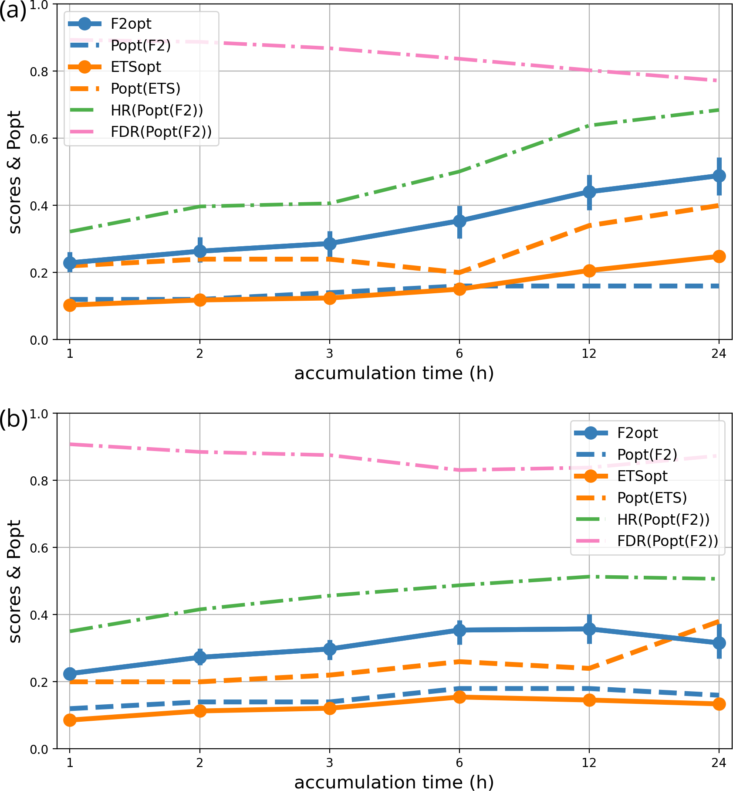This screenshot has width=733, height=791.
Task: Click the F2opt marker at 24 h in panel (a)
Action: click(x=719, y=176)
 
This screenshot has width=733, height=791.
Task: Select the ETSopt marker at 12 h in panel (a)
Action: click(x=589, y=271)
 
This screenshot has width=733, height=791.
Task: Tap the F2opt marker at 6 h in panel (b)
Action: click(x=459, y=630)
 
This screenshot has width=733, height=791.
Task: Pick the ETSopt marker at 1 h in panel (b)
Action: click(x=70, y=720)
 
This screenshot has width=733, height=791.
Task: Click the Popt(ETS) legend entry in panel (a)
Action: click(x=145, y=88)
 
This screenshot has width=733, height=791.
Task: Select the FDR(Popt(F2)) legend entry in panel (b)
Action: click(x=667, y=541)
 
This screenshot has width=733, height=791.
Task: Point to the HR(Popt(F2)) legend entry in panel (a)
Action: click(x=156, y=110)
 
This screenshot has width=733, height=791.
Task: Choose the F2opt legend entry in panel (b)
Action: click(x=637, y=433)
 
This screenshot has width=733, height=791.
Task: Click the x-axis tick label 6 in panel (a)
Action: click(x=459, y=353)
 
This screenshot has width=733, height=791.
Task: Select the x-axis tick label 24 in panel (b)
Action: click(x=719, y=762)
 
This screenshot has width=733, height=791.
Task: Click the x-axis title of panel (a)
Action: click(x=394, y=373)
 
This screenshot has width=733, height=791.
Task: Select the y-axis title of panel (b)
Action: click(x=14, y=581)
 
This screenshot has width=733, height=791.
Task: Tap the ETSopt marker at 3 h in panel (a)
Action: click(x=330, y=298)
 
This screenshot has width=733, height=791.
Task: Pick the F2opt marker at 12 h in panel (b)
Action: click(x=589, y=629)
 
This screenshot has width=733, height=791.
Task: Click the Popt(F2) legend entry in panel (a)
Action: click(x=140, y=45)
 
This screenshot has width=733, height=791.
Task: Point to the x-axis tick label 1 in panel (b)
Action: click(x=70, y=762)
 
